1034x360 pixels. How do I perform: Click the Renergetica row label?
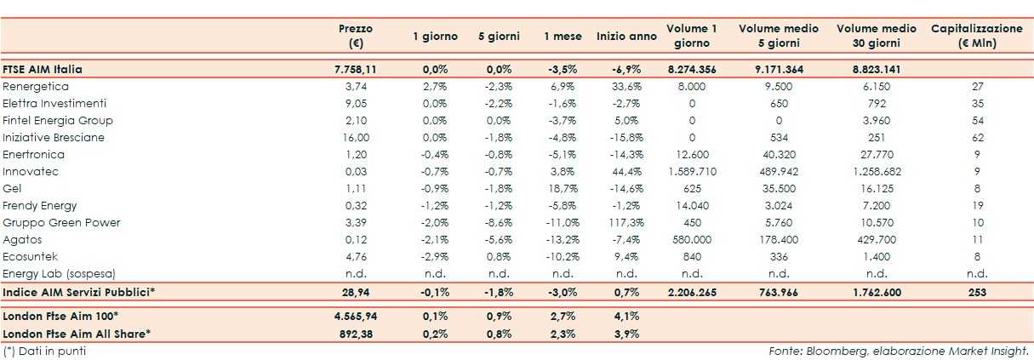pyautogui.click(x=36, y=86)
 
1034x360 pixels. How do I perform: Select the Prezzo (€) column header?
pyautogui.click(x=356, y=36)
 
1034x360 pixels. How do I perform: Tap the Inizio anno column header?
pyautogui.click(x=626, y=36)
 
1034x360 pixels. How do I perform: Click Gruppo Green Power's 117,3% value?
pyautogui.click(x=626, y=222)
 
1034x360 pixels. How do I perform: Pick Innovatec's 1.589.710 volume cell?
pyautogui.click(x=691, y=171)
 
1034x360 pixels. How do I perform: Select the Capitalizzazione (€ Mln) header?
pyautogui.click(x=976, y=36)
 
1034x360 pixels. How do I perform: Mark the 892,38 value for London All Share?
pyautogui.click(x=356, y=334)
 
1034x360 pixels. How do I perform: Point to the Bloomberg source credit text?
pyautogui.click(x=898, y=350)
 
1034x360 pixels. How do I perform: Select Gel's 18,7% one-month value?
pyautogui.click(x=563, y=188)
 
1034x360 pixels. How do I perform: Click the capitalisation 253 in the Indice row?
pyautogui.click(x=976, y=292)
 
